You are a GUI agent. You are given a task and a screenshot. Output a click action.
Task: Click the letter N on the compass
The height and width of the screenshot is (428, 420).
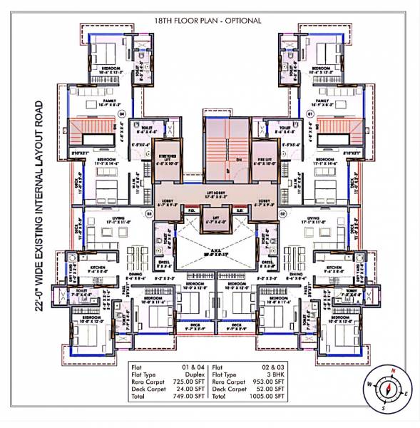click(393, 371)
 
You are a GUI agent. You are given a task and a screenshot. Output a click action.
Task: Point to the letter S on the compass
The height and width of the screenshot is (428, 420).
click(383, 409)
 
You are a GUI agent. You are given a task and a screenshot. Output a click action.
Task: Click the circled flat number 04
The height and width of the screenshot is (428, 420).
click(122, 113)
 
